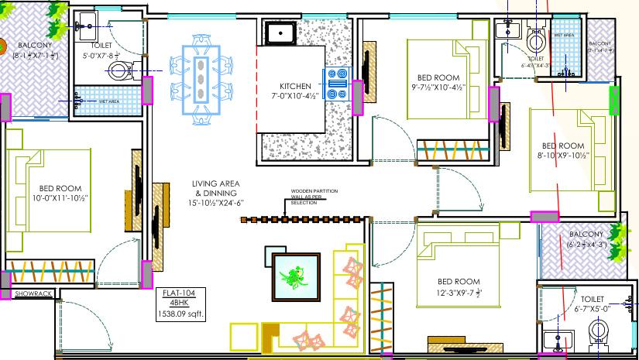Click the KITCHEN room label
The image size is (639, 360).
(x=295, y=86)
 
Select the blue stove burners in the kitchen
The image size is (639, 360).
(x=338, y=84)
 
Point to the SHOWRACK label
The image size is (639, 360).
(x=32, y=293)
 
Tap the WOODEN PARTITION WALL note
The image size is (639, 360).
(x=308, y=196)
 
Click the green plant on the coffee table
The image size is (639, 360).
(x=295, y=275)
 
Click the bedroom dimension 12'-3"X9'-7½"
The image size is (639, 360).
(x=458, y=293)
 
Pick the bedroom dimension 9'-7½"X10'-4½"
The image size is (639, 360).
(x=438, y=88)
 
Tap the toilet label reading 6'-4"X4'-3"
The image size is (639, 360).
(x=536, y=63)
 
